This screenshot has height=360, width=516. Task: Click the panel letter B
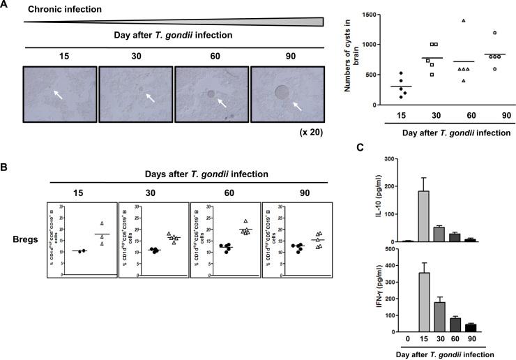6,168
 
